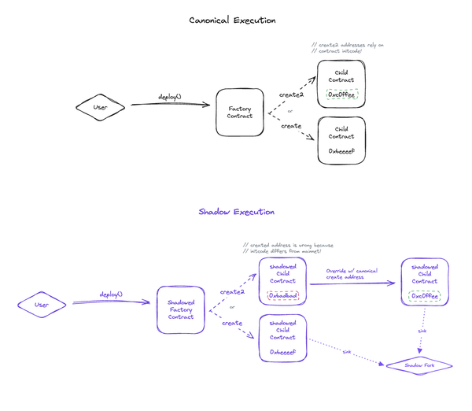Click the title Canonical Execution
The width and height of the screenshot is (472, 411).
(232, 20)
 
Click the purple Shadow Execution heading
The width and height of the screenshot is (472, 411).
(236, 212)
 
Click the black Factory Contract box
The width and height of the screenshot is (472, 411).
(240, 112)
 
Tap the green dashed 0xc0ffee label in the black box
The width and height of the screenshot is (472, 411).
(342, 95)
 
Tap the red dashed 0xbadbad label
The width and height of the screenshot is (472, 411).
(282, 296)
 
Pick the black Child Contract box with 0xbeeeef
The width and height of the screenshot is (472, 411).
(341, 140)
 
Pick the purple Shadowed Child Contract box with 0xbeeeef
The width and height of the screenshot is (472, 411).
(282, 338)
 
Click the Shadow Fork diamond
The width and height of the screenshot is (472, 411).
(419, 366)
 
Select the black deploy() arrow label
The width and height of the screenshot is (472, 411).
(169, 97)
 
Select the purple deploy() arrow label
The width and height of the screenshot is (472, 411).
(111, 294)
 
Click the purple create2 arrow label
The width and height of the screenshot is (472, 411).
(232, 292)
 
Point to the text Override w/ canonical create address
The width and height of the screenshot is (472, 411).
(352, 273)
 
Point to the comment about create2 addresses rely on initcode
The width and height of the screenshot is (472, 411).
(347, 48)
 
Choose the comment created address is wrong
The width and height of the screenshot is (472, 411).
(289, 248)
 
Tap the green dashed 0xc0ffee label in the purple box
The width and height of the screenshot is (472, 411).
(424, 296)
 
